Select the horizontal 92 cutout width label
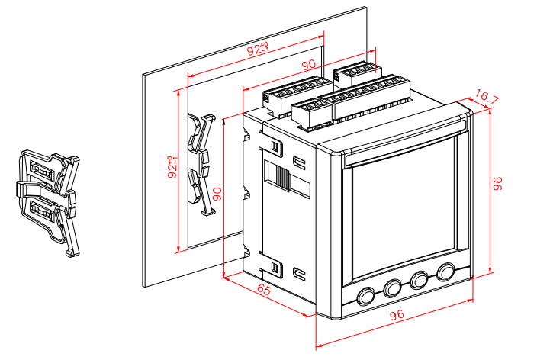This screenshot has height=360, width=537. pyautogui.click(x=258, y=51)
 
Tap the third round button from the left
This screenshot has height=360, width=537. pyautogui.click(x=420, y=280)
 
